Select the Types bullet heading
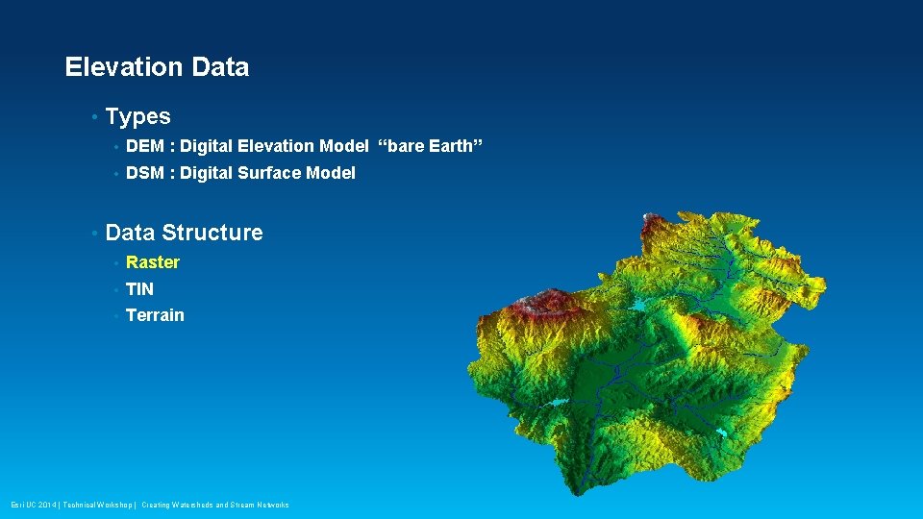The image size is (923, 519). click(137, 117)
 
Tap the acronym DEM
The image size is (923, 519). click(145, 146)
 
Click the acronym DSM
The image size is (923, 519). click(145, 173)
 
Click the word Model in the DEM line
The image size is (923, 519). click(343, 146)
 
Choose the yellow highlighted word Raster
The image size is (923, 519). click(153, 262)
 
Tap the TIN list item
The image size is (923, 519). click(139, 289)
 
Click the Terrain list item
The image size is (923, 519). click(155, 315)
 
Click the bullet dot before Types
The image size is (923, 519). click(93, 118)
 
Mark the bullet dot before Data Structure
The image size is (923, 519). click(93, 234)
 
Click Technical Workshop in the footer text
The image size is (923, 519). click(96, 505)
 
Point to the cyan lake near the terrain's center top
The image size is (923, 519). click(639, 305)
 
